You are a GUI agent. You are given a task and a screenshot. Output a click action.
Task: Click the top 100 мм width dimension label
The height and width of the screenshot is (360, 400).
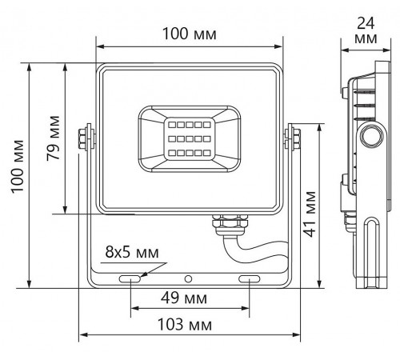click(190, 34)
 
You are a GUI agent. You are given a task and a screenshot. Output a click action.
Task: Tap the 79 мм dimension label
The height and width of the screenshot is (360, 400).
click(53, 138)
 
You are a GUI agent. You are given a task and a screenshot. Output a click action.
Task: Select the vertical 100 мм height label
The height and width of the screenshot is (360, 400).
click(18, 166)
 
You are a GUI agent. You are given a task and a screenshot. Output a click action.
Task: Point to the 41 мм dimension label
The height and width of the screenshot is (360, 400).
click(310, 214)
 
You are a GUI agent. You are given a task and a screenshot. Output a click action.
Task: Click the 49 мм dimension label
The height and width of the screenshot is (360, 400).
click(184, 298)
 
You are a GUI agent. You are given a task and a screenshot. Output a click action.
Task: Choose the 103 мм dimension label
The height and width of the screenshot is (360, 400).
click(185, 324)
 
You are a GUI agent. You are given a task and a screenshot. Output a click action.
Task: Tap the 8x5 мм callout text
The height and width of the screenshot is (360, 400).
click(132, 252)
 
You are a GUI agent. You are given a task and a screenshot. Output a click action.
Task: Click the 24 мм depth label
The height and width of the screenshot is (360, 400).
click(366, 30)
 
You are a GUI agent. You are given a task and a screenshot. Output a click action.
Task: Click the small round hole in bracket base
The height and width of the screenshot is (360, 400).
click(188, 279)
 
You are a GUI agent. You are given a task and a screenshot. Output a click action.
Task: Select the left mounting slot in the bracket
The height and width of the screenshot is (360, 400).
click(130, 279)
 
